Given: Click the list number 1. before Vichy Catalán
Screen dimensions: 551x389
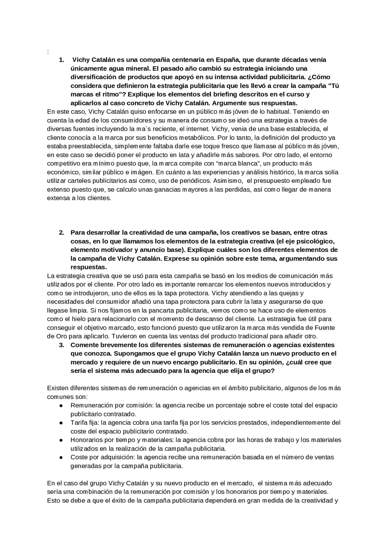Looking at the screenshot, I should click(x=61, y=60).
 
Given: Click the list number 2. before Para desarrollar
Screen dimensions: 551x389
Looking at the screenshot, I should click(x=61, y=232).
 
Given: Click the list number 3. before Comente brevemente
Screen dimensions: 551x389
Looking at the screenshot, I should click(x=61, y=345).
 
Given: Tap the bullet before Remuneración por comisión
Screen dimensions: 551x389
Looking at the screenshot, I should click(x=61, y=406).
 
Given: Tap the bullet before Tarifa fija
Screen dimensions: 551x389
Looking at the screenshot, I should click(x=61, y=423).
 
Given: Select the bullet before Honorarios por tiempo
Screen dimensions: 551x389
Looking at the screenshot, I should click(x=61, y=440).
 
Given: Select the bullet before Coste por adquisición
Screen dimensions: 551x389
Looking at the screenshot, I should click(x=61, y=457).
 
